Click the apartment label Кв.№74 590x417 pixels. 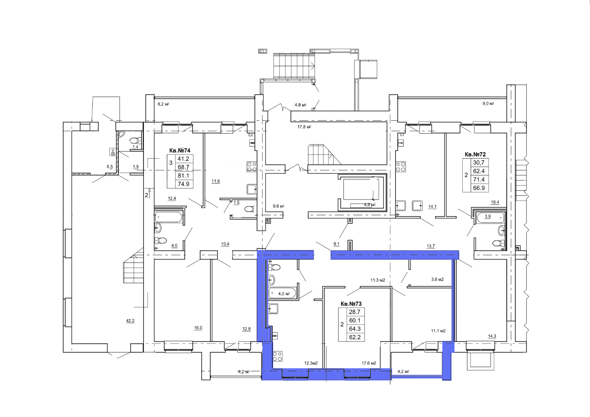tap(180, 150)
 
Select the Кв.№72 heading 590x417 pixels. tap(475, 154)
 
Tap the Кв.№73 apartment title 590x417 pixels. tap(351, 304)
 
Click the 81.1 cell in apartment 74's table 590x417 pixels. tap(183, 176)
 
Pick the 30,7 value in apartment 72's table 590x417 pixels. tap(479, 163)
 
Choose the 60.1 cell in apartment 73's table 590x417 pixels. tap(354, 320)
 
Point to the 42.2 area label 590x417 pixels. tap(130, 321)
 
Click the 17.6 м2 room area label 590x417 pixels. tap(369, 363)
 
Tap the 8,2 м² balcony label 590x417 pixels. tap(163, 104)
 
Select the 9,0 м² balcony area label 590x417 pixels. tap(488, 104)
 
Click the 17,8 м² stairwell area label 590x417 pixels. tap(304, 127)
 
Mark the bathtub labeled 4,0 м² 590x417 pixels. tap(282, 293)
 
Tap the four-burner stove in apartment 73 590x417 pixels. tap(278, 356)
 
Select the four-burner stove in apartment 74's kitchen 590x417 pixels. tap(252, 167)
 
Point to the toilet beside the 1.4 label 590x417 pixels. tap(135, 140)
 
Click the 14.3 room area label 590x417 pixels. tap(492, 336)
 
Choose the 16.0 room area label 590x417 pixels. tap(198, 328)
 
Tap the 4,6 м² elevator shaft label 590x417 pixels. tap(369, 205)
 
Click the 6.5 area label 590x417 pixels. tap(110, 167)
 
